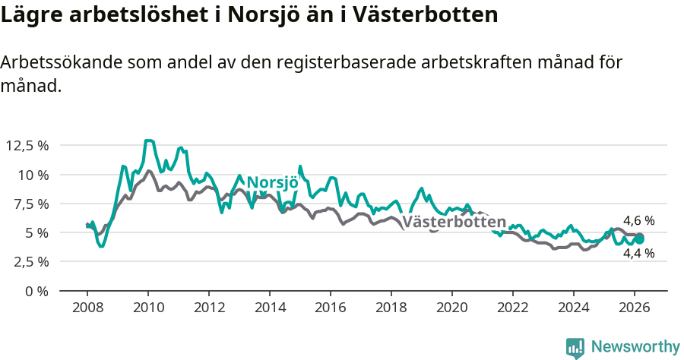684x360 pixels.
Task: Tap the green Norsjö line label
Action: (x=271, y=183)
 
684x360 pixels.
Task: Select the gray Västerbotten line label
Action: (x=454, y=223)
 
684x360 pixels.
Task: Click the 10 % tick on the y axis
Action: (x=33, y=175)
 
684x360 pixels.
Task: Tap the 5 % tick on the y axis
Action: (x=36, y=232)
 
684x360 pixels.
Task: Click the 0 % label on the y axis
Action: (x=36, y=291)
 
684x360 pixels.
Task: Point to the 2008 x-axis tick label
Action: (x=87, y=308)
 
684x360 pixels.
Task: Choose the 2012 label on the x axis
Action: (x=208, y=308)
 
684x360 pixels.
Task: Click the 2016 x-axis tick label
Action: (x=331, y=308)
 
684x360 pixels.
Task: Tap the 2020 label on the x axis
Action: (x=452, y=308)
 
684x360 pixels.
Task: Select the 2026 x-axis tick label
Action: (x=635, y=308)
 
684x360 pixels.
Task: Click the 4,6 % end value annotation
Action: (x=638, y=221)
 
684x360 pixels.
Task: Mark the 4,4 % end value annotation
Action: (x=638, y=254)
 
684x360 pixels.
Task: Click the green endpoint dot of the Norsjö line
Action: (x=640, y=238)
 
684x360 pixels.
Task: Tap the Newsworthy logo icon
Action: (x=575, y=347)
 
